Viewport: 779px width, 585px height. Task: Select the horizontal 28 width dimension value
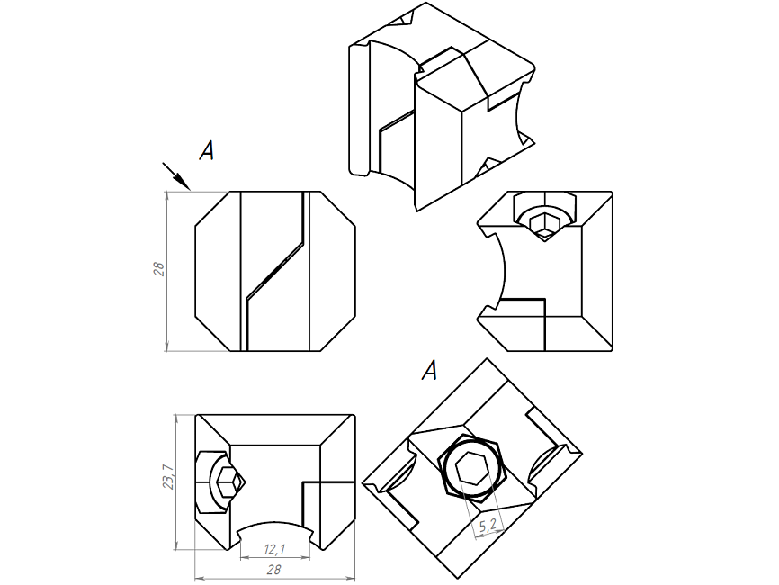[x=274, y=570]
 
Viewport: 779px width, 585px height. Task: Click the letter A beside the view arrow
[x=207, y=151]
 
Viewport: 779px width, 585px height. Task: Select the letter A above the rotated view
[x=430, y=369]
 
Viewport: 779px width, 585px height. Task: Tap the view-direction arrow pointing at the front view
[x=176, y=175]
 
